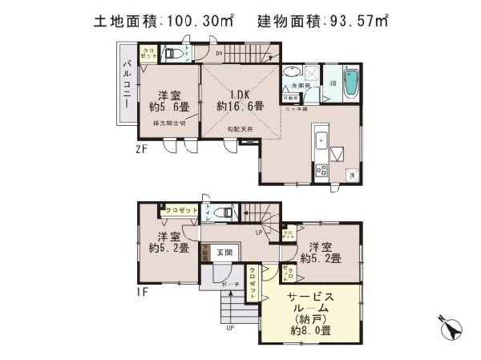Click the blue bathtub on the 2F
[x=350, y=83]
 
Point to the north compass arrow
[x=451, y=328]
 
